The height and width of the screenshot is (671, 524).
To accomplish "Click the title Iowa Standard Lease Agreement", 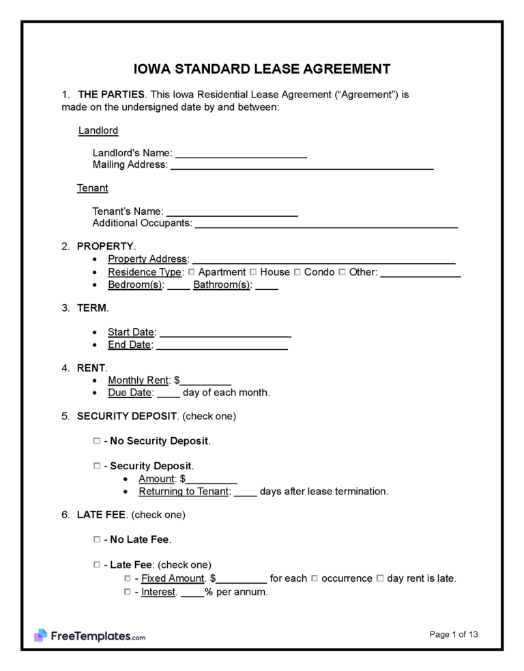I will pos(261,69).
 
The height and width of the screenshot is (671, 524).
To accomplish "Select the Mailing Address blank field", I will pos(302,166).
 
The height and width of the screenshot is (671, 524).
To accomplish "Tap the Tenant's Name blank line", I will pos(232,212).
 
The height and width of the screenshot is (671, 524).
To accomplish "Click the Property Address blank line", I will pos(324,260).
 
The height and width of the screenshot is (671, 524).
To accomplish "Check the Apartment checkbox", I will pos(192,272).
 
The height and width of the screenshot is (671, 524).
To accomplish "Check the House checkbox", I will pos(254,272).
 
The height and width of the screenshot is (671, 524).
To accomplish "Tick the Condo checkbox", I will pos(297,272).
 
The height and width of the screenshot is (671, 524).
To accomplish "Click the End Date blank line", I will pos(222,346).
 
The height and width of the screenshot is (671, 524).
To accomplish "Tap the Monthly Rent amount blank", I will pos(206,381).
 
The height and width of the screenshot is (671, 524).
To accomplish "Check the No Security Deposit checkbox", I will pos(96,441).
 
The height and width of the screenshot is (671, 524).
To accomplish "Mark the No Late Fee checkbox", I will pos(96,539).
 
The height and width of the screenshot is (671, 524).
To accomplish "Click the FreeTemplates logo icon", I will pos(40,636).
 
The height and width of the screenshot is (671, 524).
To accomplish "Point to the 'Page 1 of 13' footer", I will pos(454,635).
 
